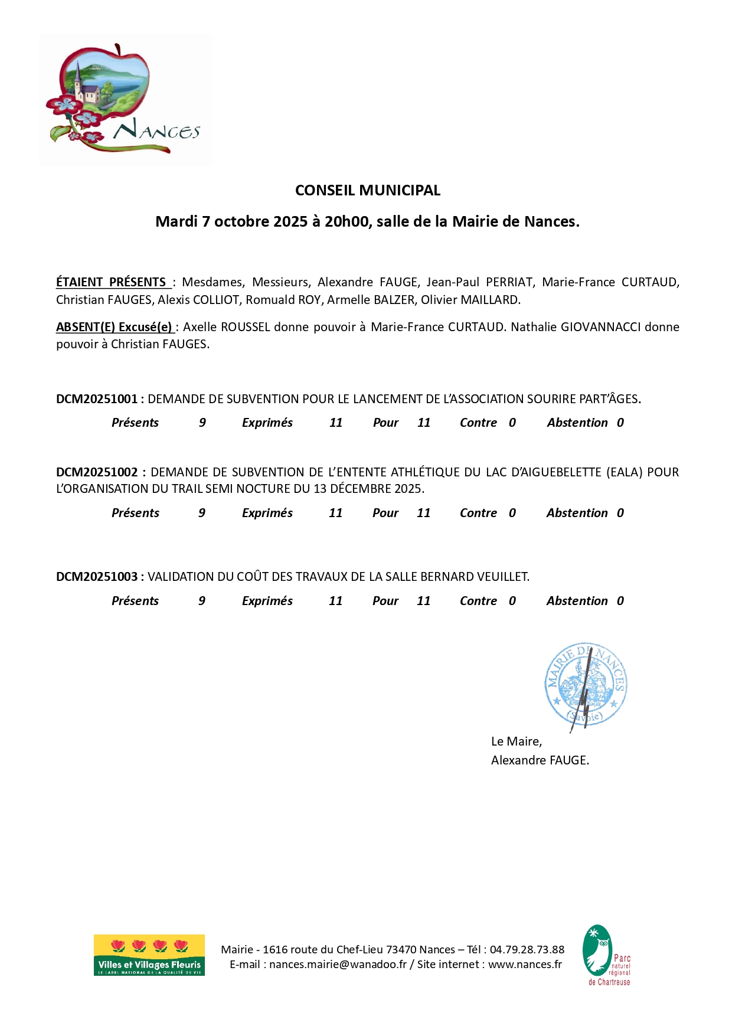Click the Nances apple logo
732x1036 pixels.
[x=124, y=99]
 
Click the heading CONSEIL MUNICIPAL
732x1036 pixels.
[x=367, y=190]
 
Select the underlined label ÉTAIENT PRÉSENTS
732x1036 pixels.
[x=111, y=282]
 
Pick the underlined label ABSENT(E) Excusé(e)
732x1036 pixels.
[x=114, y=327]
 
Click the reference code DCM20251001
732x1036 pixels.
[x=96, y=399]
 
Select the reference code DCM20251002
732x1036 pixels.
[x=97, y=472]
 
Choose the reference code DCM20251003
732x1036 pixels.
[x=96, y=577]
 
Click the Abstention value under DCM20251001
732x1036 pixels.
[x=620, y=423]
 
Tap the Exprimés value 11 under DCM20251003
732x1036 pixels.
[x=335, y=601]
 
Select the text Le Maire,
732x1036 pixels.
[x=516, y=741]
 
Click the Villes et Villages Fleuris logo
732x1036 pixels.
[x=149, y=955]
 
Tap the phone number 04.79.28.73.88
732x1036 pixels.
[x=527, y=950]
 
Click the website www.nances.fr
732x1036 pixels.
[x=525, y=965]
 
